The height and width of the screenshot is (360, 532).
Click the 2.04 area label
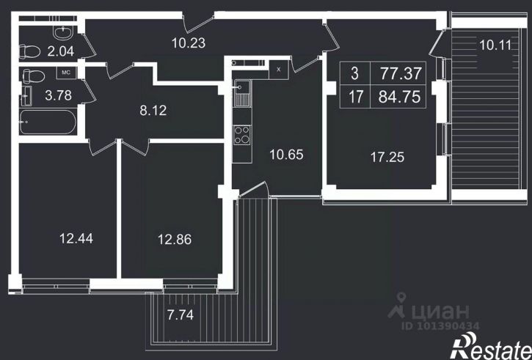(x=61, y=51)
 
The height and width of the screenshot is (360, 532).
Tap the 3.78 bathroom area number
(x=59, y=95)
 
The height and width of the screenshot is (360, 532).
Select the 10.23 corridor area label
(x=189, y=43)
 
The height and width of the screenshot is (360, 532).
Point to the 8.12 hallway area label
(x=153, y=111)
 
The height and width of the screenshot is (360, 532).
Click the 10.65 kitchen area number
(x=286, y=155)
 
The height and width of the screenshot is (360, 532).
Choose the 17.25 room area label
(x=387, y=158)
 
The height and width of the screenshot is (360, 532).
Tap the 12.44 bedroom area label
(x=76, y=238)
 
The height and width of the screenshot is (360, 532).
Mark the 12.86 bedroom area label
(x=175, y=240)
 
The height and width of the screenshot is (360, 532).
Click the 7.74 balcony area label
(x=181, y=315)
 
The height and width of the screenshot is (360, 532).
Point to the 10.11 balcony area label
(x=495, y=45)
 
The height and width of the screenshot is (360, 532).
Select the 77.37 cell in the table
(x=398, y=73)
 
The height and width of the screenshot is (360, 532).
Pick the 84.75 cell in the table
(x=398, y=97)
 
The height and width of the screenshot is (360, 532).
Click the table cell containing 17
(x=355, y=97)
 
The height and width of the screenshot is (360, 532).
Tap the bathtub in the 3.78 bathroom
(x=48, y=122)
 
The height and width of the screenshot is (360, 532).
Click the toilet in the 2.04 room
(x=29, y=51)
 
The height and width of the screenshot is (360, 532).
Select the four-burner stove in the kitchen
(x=242, y=135)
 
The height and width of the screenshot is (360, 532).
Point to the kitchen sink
(x=242, y=94)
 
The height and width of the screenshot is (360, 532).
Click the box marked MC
(x=66, y=73)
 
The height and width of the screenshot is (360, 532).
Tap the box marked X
(x=279, y=70)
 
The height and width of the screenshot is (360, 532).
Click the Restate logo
(x=491, y=346)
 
